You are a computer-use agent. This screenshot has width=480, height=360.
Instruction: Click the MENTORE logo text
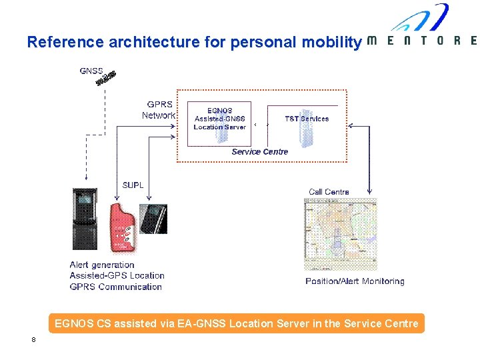[x=422, y=41]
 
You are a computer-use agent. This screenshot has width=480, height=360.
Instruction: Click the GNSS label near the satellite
[x=91, y=71]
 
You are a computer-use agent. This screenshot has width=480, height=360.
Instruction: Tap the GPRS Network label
[x=159, y=110]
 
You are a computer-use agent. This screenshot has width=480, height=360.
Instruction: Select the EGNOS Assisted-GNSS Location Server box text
[x=219, y=119]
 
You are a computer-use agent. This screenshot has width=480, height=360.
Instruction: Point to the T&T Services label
[x=307, y=119]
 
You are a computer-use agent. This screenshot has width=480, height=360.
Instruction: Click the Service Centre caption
[x=260, y=151]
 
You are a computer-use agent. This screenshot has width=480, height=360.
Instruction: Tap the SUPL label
[x=133, y=185]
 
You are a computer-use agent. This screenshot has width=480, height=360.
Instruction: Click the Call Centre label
[x=329, y=192]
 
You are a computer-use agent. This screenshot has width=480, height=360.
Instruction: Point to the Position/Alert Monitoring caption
[x=355, y=281]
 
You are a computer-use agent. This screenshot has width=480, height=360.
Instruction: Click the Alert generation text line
[x=102, y=265]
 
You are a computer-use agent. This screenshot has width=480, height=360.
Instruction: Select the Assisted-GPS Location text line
[x=117, y=275]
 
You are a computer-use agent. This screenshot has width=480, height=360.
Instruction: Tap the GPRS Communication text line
[x=116, y=287]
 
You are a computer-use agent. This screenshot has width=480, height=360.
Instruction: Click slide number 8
[x=33, y=340]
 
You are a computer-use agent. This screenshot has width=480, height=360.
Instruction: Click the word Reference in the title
[x=65, y=42]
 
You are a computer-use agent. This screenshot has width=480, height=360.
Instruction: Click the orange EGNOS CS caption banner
[x=237, y=324]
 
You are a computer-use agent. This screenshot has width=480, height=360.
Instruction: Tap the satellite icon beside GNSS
[x=107, y=78]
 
